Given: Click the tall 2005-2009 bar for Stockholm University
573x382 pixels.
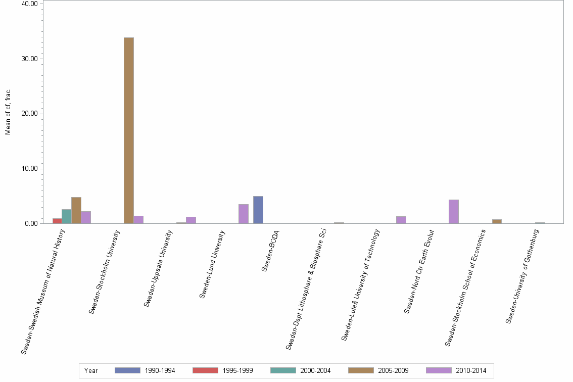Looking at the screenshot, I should [129, 130].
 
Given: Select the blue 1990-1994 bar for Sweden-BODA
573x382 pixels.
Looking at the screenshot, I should [258, 210].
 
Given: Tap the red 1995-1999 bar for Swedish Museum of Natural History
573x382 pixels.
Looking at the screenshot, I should [57, 221].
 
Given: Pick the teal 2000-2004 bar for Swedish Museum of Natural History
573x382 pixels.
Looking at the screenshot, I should [67, 216].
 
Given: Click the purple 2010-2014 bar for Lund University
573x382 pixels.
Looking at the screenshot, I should [244, 214].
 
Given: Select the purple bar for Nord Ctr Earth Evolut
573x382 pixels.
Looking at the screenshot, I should [454, 212].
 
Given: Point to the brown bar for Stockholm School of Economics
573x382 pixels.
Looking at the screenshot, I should [497, 221].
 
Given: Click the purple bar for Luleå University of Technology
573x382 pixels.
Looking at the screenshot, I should [401, 220].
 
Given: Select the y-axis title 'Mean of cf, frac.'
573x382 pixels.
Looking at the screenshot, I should [8, 112].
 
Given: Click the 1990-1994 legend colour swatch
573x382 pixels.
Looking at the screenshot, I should [127, 370].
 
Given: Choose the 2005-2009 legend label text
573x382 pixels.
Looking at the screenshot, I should [393, 371].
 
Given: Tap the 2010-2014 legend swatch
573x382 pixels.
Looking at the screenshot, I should [439, 370].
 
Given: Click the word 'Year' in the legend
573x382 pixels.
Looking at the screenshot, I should [91, 371].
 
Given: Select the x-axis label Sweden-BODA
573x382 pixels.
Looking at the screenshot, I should [270, 251].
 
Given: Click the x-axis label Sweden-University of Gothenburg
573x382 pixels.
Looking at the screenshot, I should [522, 276].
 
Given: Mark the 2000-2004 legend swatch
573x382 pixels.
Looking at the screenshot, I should [283, 370].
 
